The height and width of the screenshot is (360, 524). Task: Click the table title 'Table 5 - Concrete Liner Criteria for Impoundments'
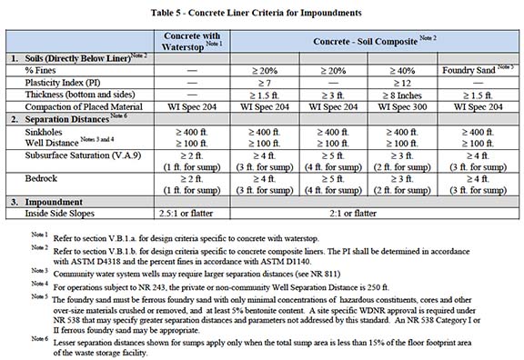[261, 14]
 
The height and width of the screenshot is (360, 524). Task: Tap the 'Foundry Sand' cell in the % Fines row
[477, 70]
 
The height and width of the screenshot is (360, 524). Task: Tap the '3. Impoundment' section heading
[47, 202]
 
